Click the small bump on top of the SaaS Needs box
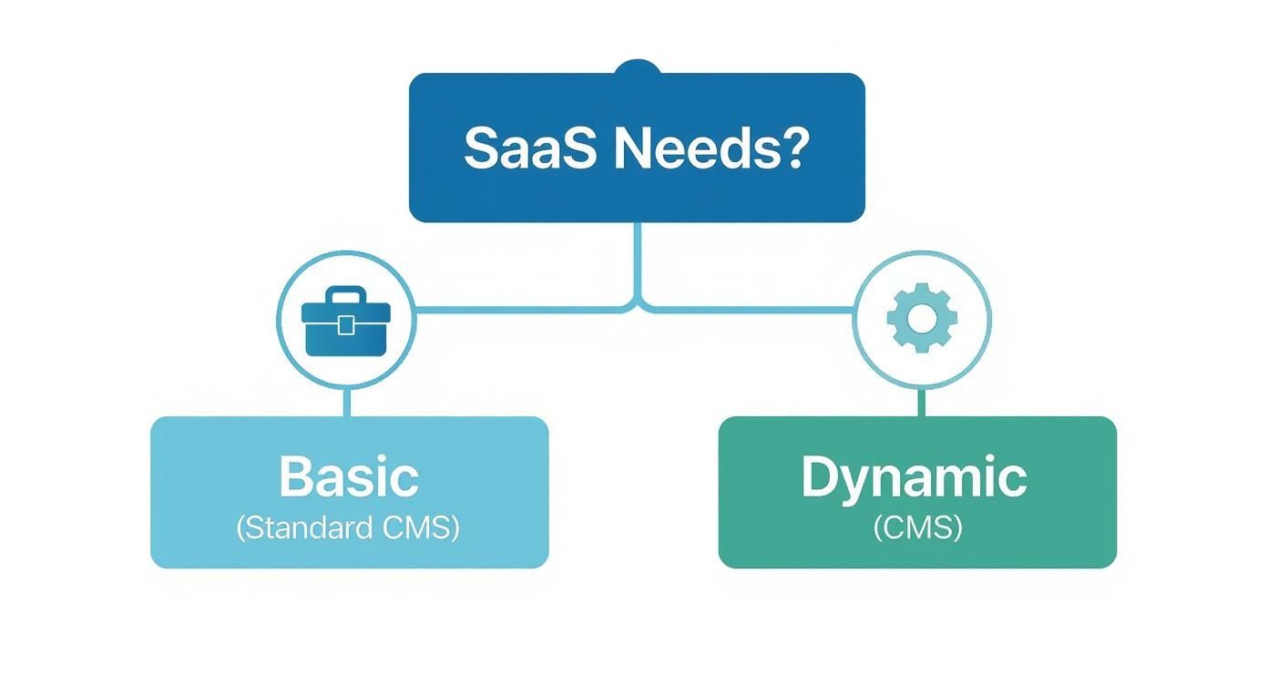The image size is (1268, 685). [637, 67]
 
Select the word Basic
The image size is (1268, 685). [349, 476]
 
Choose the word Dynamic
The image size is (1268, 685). [914, 476]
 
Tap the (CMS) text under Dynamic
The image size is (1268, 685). [917, 528]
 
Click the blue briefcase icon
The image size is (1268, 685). [346, 322]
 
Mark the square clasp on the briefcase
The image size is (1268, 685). [346, 325]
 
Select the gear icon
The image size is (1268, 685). [922, 318]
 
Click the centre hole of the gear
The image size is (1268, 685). [922, 318]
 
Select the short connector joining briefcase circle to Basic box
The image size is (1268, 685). [346, 402]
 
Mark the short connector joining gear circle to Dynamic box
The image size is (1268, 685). [922, 402]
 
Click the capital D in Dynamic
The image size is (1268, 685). [820, 476]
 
